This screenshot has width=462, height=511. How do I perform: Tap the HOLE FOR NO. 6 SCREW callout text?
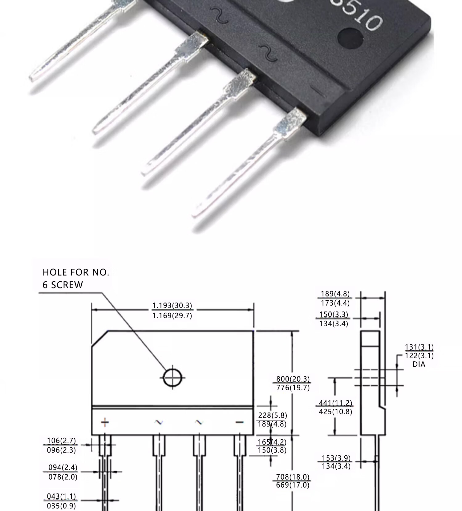tap(76, 279)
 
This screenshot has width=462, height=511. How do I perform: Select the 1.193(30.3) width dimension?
tap(172, 306)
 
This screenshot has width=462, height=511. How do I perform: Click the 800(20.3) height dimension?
tap(293, 379)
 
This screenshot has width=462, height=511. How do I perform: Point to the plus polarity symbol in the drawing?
tap(105, 422)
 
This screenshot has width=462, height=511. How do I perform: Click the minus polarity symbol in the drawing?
tap(239, 422)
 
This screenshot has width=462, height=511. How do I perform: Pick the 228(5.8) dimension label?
tap(273, 415)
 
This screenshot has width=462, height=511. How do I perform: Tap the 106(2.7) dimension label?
tap(61, 441)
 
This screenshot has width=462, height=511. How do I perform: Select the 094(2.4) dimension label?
tap(63, 468)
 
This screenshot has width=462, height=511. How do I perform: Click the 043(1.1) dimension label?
tap(61, 496)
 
